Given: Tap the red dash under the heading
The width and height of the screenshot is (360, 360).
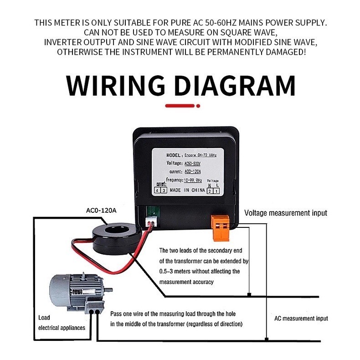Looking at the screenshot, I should click(x=180, y=106).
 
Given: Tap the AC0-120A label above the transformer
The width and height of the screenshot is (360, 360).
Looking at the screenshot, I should click(x=101, y=211).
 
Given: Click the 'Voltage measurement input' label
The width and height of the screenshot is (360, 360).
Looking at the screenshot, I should click(x=286, y=213).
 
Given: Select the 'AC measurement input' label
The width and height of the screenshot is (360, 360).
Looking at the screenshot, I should click(x=301, y=319).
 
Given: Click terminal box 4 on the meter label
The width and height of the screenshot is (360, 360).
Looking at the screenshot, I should click(x=157, y=190).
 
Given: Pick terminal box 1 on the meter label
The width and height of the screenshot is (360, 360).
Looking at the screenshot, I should click(x=217, y=190).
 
